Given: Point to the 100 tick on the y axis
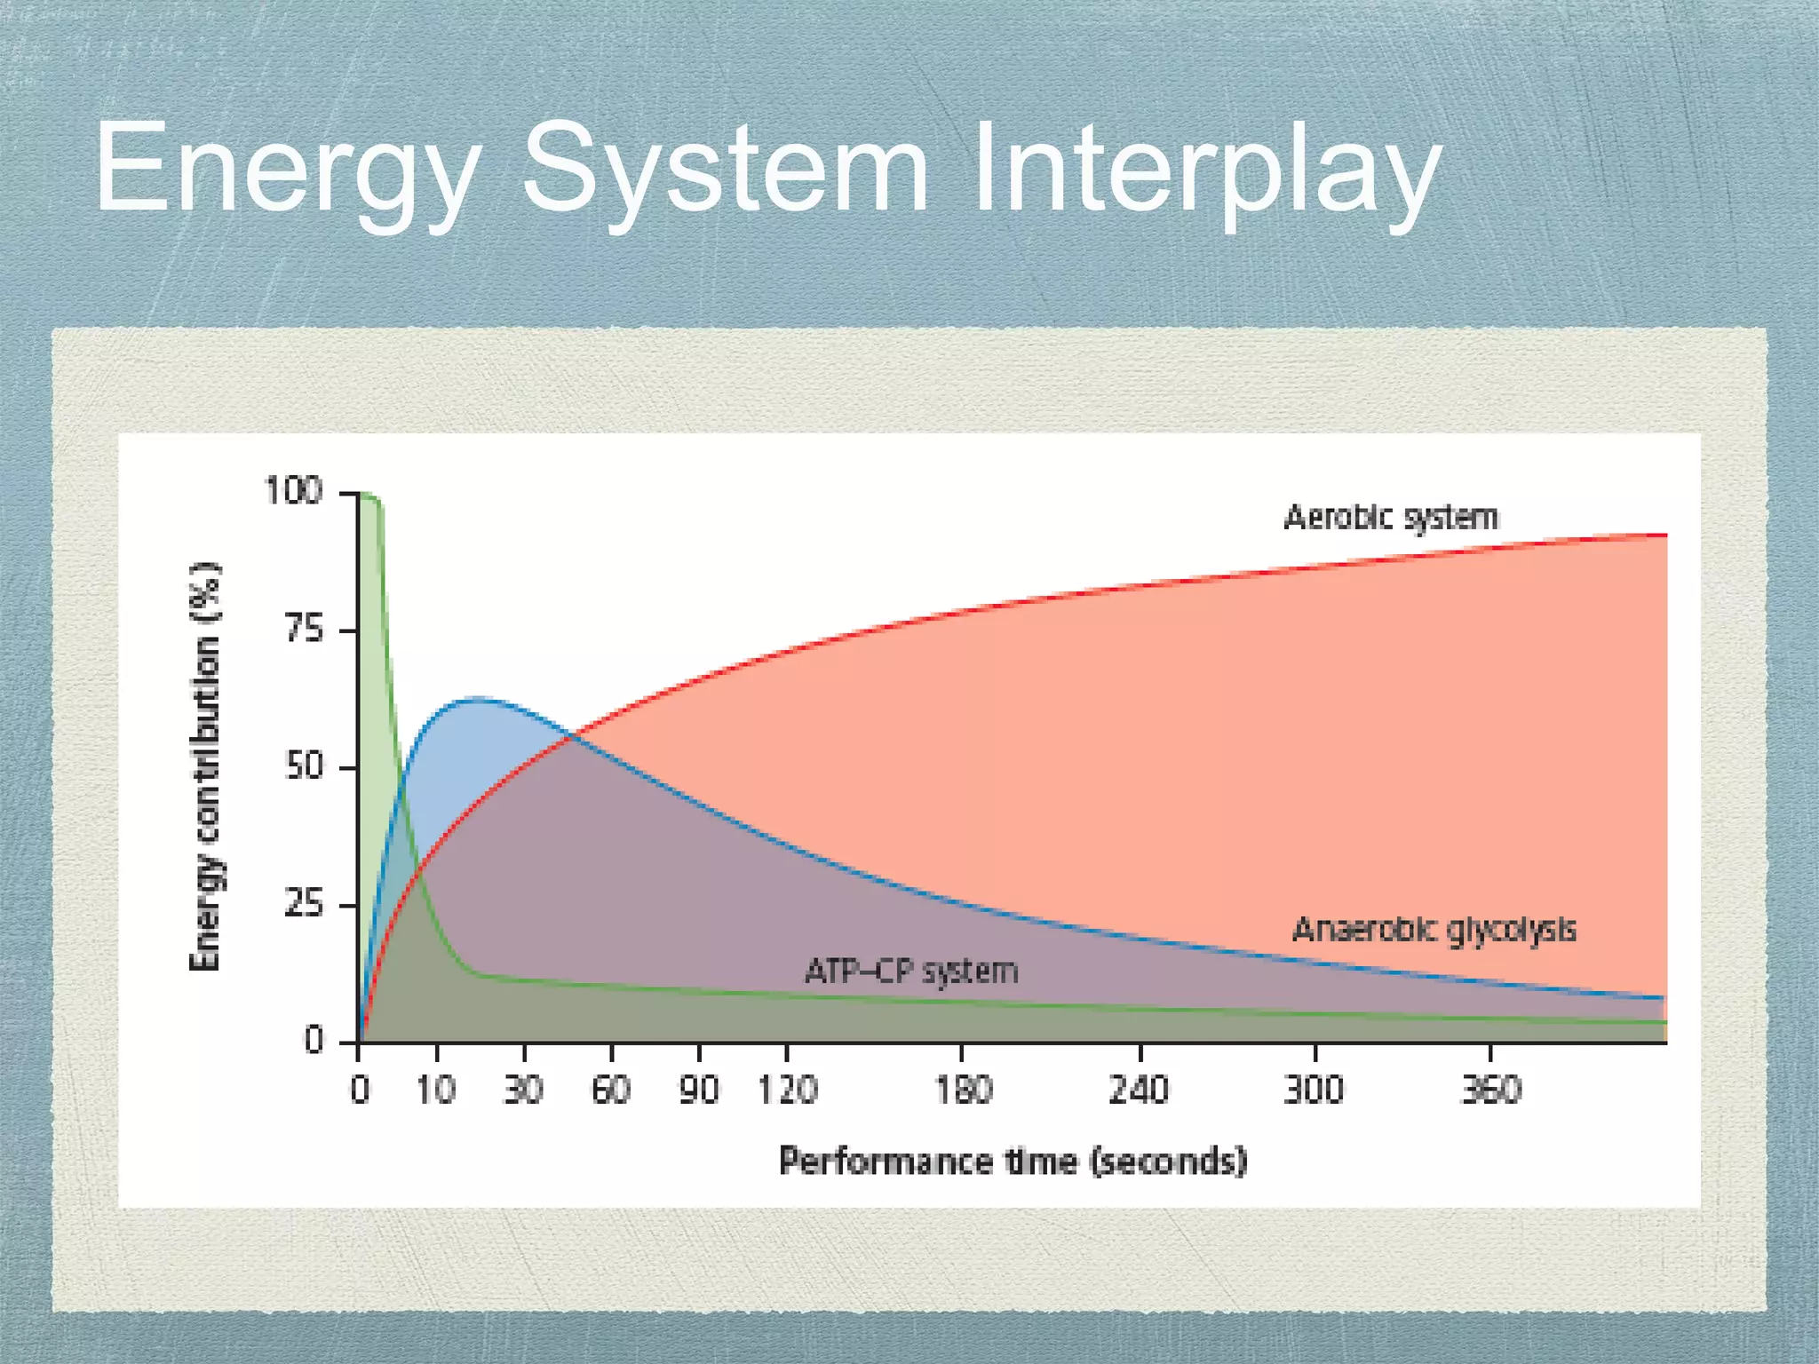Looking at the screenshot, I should point(293,491).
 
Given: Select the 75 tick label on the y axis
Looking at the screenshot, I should point(304,630).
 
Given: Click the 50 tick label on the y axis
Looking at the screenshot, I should point(304,767).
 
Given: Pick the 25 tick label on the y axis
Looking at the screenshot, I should point(304,905).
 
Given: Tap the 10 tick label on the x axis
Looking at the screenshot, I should point(436,1090).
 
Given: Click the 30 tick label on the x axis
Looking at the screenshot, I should point(523,1090).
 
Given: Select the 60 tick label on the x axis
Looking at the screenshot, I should point(611,1090).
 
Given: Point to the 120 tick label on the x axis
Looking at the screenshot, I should point(787,1090).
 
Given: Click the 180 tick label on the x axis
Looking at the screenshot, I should point(963,1090).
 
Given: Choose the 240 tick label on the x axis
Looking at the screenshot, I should point(1139,1090).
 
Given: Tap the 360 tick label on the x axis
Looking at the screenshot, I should point(1490,1090).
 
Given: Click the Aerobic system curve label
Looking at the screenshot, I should point(1391,518).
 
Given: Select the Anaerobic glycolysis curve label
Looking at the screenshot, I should point(1434,930).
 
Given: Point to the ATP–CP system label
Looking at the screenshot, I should point(911,971).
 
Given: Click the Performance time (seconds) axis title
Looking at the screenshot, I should point(1013,1162).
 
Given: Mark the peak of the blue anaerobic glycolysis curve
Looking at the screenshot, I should point(478,699).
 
